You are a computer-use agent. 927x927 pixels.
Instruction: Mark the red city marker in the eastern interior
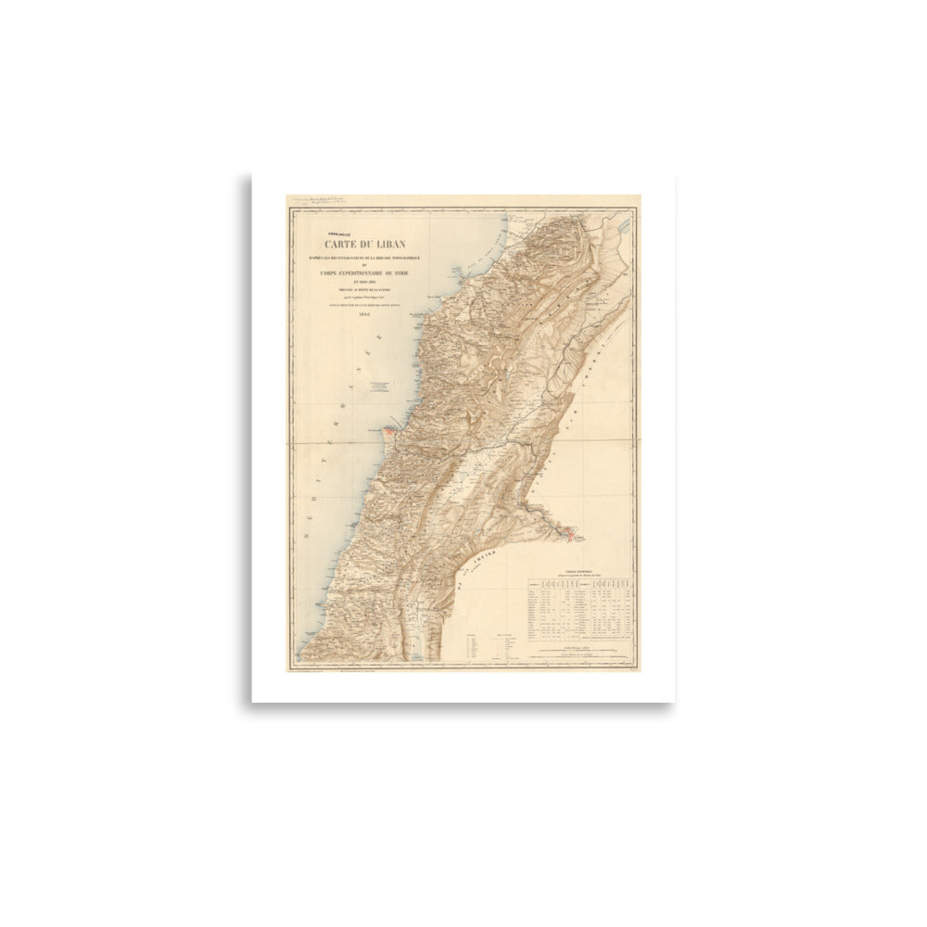point(569,535)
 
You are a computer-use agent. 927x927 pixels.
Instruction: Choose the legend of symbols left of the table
point(489,644)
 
